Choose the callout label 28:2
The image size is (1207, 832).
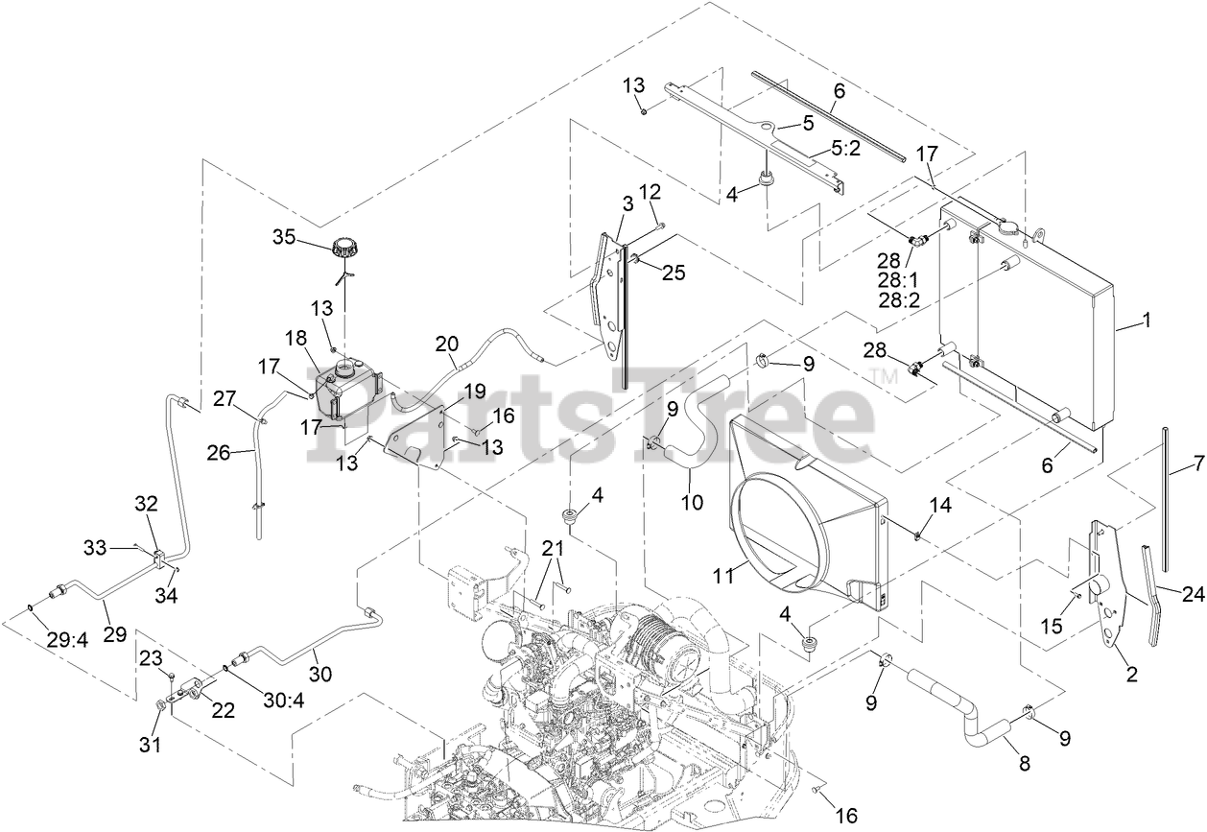pyautogui.click(x=898, y=298)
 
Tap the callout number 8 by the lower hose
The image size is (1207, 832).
pyautogui.click(x=1024, y=764)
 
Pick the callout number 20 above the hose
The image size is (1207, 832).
pyautogui.click(x=447, y=344)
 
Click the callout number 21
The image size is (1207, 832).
pyautogui.click(x=551, y=548)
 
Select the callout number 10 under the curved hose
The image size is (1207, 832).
pyautogui.click(x=692, y=501)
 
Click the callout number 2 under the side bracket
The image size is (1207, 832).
pyautogui.click(x=1131, y=675)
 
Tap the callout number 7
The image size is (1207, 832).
pyautogui.click(x=1197, y=464)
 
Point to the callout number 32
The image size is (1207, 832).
pyautogui.click(x=145, y=502)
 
